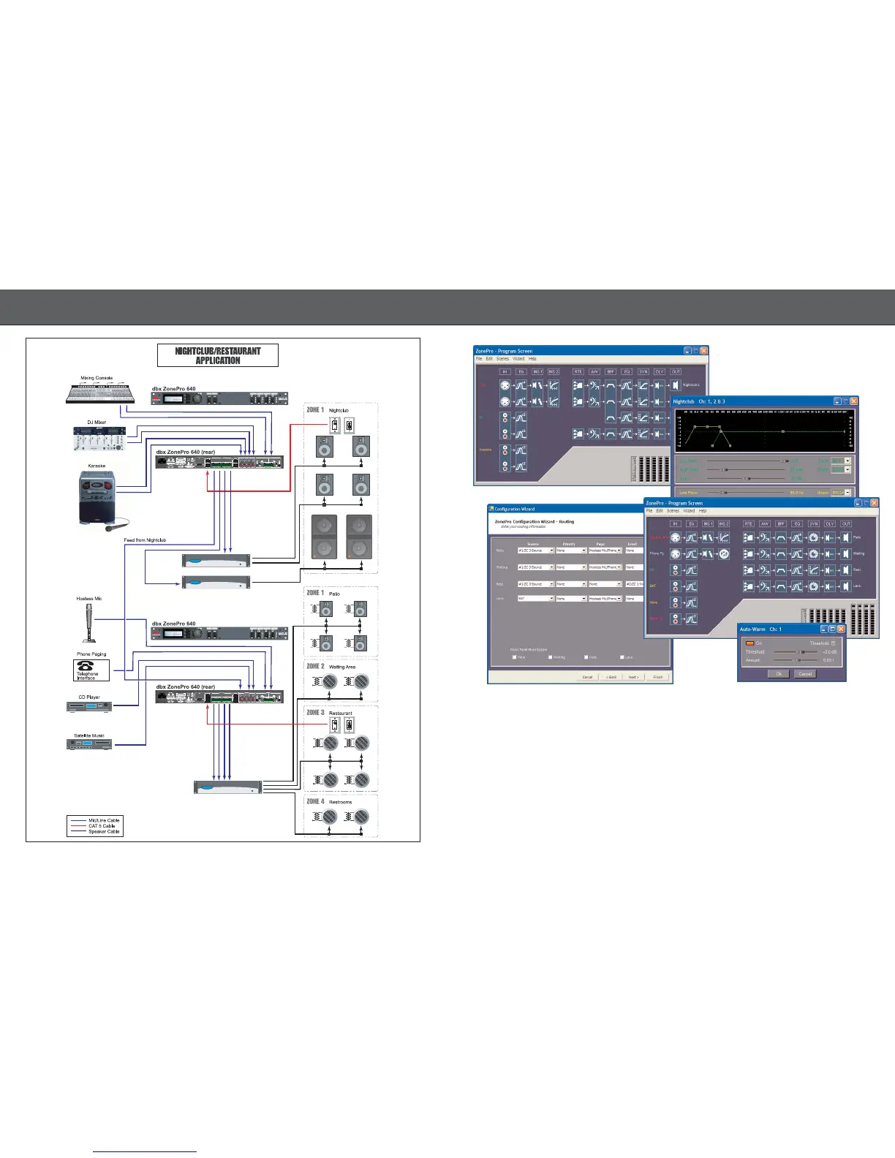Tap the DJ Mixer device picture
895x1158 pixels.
tap(99, 438)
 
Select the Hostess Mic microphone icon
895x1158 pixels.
tap(89, 622)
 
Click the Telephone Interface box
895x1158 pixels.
tap(91, 670)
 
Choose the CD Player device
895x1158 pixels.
tap(89, 707)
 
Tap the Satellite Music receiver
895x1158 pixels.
tap(89, 744)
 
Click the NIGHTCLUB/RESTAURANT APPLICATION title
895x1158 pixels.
tap(218, 356)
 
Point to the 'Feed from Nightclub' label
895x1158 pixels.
tap(145, 540)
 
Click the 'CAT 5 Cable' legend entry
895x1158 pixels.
tap(102, 826)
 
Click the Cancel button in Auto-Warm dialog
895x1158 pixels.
tap(805, 673)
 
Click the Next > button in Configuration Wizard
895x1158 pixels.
tap(633, 677)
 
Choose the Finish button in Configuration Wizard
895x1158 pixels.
tap(657, 677)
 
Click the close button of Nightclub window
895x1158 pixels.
tap(853, 401)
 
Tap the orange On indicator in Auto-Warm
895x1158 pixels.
tap(749, 643)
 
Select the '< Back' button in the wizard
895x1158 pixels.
tap(611, 677)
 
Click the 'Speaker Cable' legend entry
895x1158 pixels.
tap(103, 832)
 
